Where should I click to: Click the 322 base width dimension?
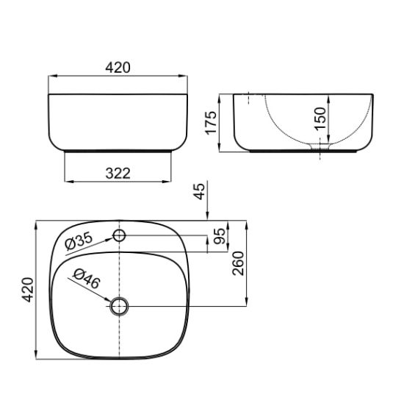tap(118, 174)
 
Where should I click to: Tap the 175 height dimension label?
tap(211, 122)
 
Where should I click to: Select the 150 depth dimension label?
tap(320, 119)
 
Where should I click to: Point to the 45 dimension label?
tap(199, 191)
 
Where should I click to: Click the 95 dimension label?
tap(220, 236)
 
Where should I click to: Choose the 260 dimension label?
tap(239, 263)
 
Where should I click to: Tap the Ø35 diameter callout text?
tap(79, 241)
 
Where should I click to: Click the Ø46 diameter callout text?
tap(87, 279)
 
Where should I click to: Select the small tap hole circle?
tap(119, 235)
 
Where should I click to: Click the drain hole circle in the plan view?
tap(119, 306)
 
